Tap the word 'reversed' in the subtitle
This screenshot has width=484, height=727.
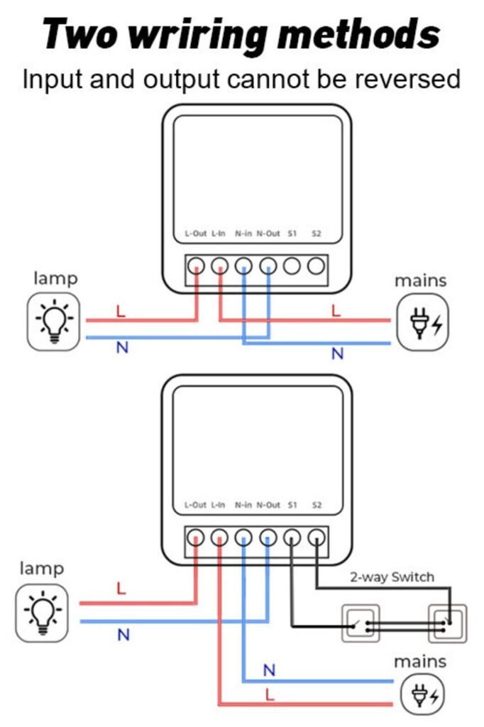tap(404, 78)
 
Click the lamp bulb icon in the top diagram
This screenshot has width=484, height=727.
tap(54, 322)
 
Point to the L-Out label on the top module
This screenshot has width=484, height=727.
tap(195, 233)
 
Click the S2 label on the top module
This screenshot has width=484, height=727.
tap(317, 233)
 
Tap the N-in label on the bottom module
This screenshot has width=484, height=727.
tap(243, 505)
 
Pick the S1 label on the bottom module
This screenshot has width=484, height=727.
tap(292, 505)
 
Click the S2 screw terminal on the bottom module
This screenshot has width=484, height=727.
tap(317, 538)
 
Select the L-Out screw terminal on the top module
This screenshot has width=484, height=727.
tap(196, 266)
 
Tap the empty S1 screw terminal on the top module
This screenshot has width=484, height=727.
tap(292, 266)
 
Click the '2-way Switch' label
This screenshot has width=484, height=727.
tap(392, 576)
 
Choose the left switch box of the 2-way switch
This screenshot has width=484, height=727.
tap(361, 623)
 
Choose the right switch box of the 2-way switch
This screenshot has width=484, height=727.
tap(447, 623)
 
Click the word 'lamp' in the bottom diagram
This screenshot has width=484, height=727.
tap(41, 568)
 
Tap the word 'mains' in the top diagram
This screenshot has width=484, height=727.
tap(421, 280)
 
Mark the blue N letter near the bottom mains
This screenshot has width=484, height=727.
tap(269, 669)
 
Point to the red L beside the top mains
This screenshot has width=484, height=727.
tap(336, 310)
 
